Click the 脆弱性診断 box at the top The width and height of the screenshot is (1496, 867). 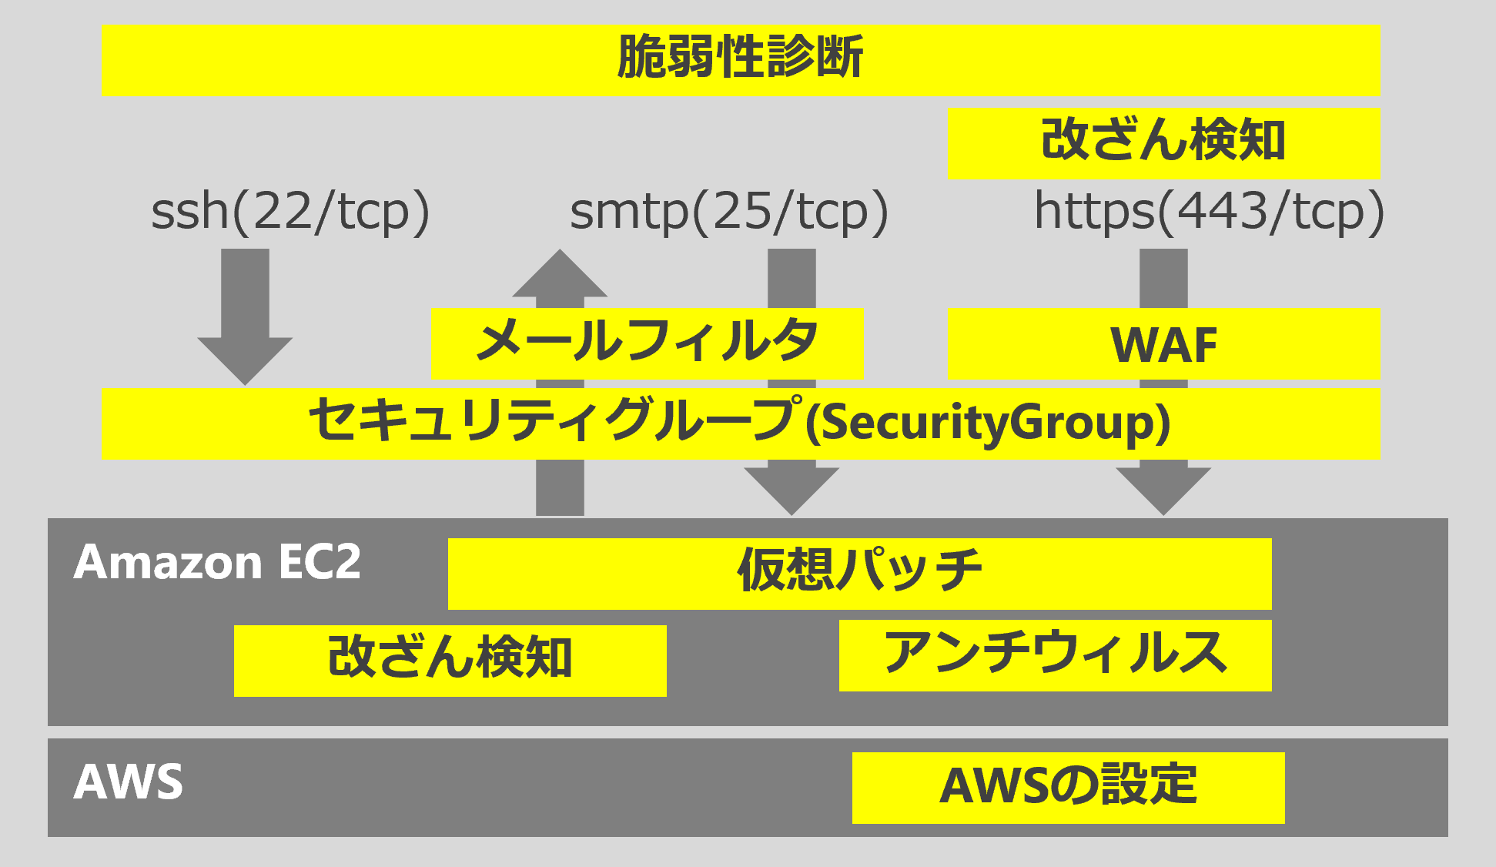click(741, 60)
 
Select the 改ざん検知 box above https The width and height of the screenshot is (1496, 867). click(1164, 143)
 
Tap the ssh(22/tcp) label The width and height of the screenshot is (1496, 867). click(290, 212)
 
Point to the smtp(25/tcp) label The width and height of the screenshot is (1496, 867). click(729, 212)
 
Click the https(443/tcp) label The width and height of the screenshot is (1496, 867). click(1209, 212)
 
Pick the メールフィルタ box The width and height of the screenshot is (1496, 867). click(647, 343)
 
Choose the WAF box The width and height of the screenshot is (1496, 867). click(1164, 343)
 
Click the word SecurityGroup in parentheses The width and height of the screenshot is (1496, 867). click(988, 423)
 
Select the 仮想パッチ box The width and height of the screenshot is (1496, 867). click(859, 574)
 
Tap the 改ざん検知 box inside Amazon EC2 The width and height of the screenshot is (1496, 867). click(450, 661)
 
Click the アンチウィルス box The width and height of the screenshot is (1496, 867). click(1055, 655)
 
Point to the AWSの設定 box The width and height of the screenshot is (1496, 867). click(1069, 788)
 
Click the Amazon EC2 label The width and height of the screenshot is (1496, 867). click(217, 561)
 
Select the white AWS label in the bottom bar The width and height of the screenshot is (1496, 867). click(129, 782)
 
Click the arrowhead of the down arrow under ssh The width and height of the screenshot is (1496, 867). click(245, 361)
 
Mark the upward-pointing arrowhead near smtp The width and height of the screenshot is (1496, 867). click(560, 273)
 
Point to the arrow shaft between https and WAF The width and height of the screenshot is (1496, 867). click(1163, 278)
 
